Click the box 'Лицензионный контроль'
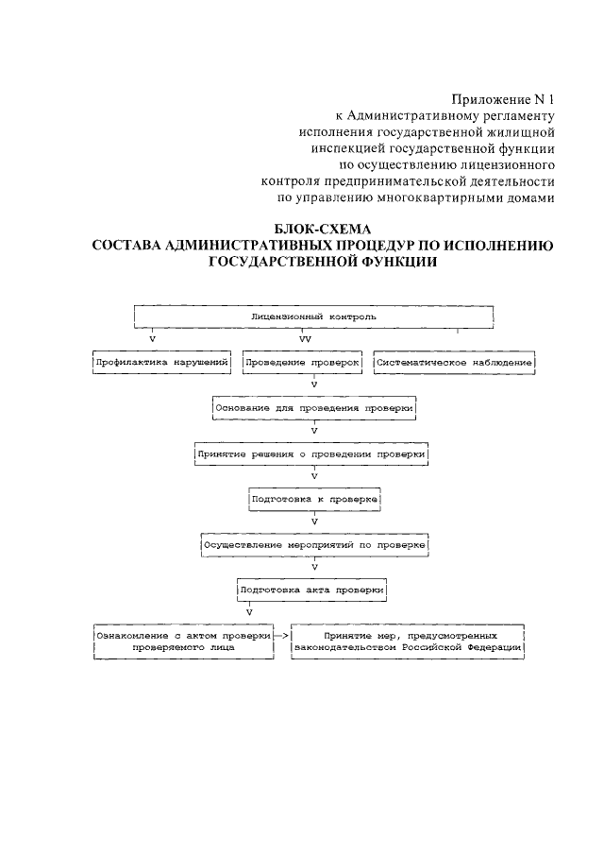[x=314, y=316]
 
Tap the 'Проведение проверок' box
[x=303, y=362]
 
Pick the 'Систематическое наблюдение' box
[x=455, y=362]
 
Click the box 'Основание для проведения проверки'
[x=314, y=408]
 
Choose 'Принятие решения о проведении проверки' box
[x=313, y=453]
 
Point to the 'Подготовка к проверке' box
[x=313, y=498]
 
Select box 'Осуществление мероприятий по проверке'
[x=315, y=545]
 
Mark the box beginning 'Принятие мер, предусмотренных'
[x=408, y=641]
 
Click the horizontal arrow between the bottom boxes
[x=281, y=636]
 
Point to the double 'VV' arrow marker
[x=305, y=337]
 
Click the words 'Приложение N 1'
[x=502, y=98]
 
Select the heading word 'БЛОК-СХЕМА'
[x=323, y=230]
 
